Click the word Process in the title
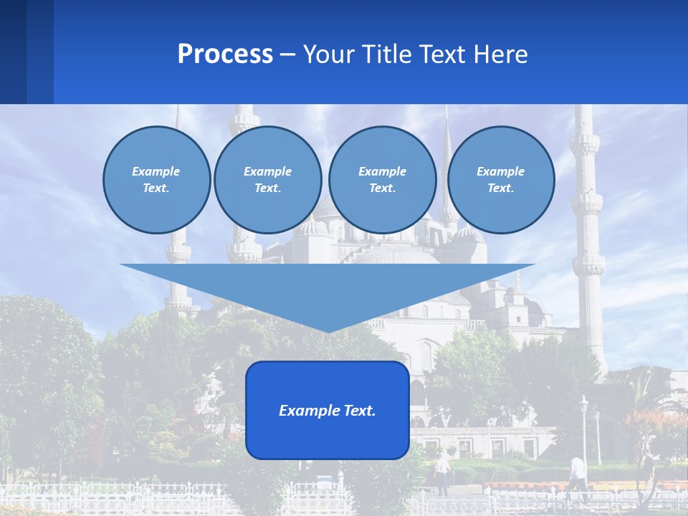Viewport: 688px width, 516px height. pos(225,54)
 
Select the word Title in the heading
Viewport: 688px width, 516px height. pos(387,54)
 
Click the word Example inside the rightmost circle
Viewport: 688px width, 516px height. pos(500,171)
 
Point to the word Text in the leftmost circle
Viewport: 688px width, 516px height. pos(156,188)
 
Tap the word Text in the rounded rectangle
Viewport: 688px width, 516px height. pos(360,411)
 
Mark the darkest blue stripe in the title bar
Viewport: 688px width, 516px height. pos(13,52)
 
